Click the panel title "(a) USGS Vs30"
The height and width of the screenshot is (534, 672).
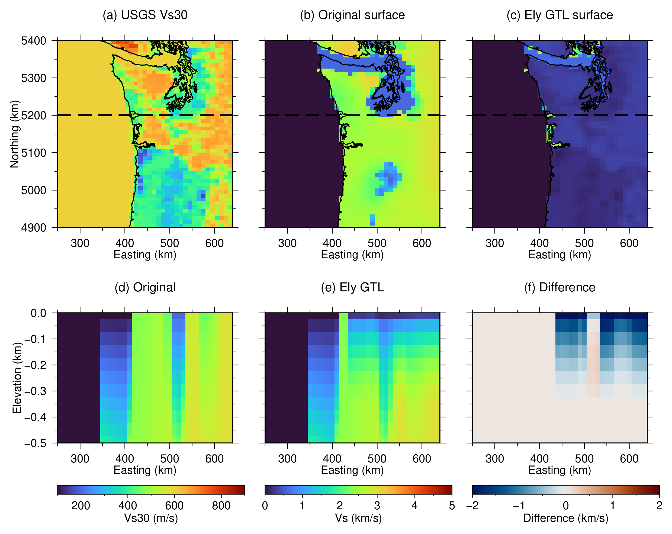(145, 15)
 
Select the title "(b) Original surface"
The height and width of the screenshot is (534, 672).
(352, 15)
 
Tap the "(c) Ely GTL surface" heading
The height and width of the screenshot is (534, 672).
(560, 15)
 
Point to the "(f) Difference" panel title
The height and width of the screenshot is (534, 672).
(560, 287)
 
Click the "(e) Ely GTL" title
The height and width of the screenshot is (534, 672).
(352, 287)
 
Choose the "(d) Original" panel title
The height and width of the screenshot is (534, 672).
(145, 287)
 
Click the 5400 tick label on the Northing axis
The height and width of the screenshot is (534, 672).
(34, 41)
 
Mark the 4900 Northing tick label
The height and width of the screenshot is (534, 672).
(34, 228)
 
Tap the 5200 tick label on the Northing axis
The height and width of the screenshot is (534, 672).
(34, 115)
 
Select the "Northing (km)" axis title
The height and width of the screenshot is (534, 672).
(14, 134)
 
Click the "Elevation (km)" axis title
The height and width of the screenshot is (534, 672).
(17, 378)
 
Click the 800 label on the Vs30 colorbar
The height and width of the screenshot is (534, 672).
(221, 505)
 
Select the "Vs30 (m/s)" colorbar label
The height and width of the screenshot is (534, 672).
(151, 518)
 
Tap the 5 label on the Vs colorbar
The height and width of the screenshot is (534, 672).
(452, 505)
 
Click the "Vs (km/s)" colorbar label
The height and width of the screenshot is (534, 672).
(358, 518)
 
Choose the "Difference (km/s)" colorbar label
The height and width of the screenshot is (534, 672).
(566, 518)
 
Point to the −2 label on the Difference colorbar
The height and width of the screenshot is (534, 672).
(472, 505)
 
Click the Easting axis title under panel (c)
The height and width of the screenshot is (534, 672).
(560, 255)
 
